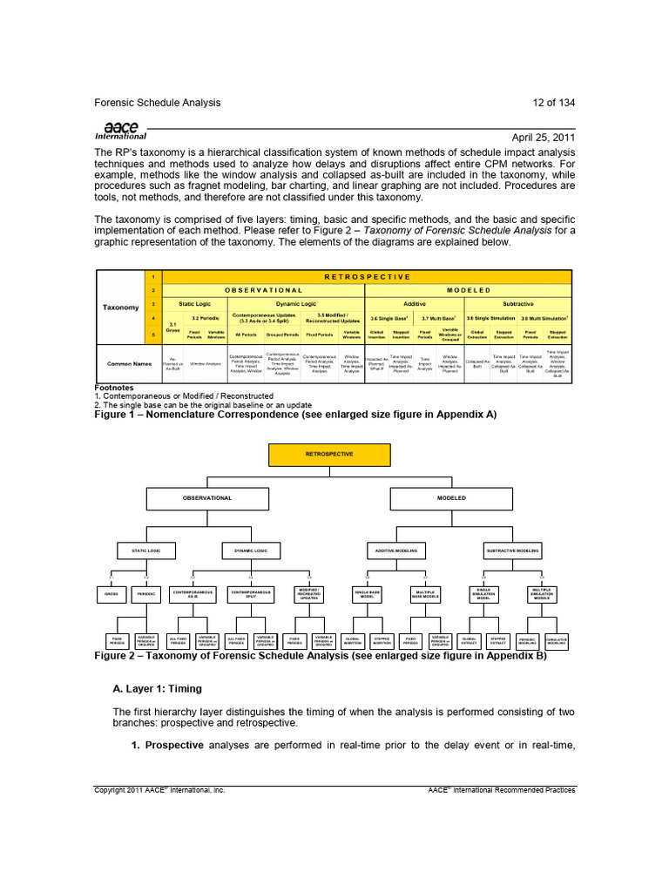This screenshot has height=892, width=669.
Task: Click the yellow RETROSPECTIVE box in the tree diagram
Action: pyautogui.click(x=329, y=455)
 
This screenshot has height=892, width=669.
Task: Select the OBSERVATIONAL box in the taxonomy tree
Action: pyautogui.click(x=207, y=497)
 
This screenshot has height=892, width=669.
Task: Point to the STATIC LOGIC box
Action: pyautogui.click(x=146, y=550)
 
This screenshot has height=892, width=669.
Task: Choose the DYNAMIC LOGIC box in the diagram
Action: pyautogui.click(x=251, y=550)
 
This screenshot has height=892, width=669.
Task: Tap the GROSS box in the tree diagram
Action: pyautogui.click(x=111, y=594)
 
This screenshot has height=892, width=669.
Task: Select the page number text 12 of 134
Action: pyautogui.click(x=553, y=103)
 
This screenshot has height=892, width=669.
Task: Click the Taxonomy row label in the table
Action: pyautogui.click(x=121, y=307)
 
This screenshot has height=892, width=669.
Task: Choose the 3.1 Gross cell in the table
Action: pyautogui.click(x=172, y=326)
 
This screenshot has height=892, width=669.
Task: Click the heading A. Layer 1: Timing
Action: pyautogui.click(x=157, y=688)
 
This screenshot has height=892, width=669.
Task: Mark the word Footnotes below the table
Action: pyautogui.click(x=114, y=389)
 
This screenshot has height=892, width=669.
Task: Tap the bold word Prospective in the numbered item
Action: pyautogui.click(x=174, y=746)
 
